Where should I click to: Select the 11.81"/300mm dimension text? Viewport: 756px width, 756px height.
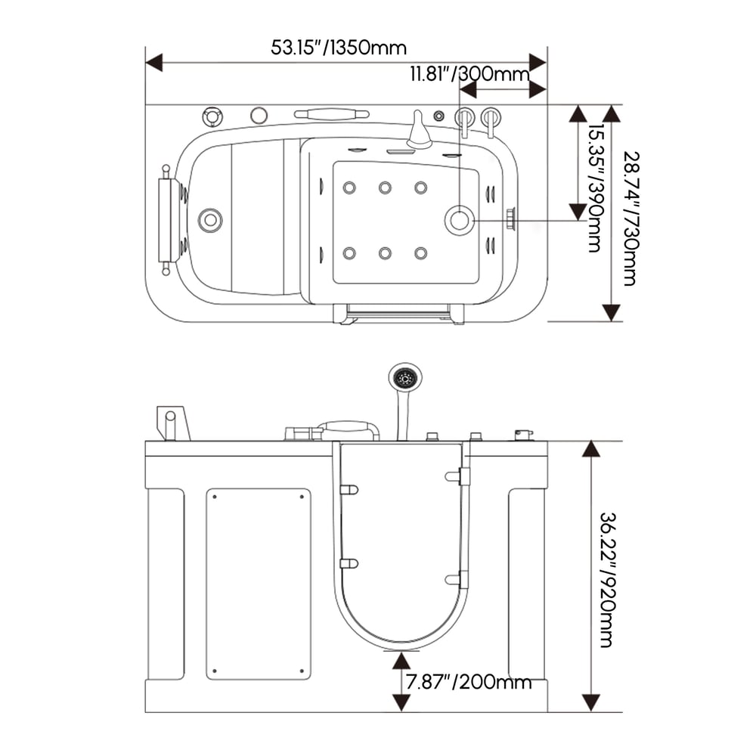(x=469, y=74)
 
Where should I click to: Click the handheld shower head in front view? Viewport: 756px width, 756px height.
(x=405, y=376)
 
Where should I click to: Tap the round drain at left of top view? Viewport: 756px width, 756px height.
(x=210, y=220)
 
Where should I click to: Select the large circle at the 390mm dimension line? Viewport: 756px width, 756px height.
(x=459, y=221)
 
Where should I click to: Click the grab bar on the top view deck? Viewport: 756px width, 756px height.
(x=331, y=115)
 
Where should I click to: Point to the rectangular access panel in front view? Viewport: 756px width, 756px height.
(x=259, y=583)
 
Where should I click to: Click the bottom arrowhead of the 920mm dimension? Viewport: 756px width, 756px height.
(x=590, y=702)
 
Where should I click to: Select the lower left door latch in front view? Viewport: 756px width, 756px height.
(x=348, y=563)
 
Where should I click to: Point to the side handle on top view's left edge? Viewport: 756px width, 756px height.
(x=163, y=220)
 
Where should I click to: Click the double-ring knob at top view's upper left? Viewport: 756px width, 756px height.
(x=212, y=116)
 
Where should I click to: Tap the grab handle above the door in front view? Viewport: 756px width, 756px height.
(x=348, y=429)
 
